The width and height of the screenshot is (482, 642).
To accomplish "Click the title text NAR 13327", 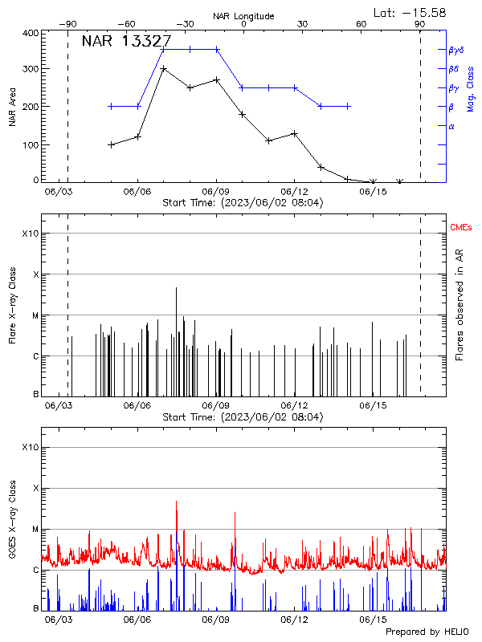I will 126,42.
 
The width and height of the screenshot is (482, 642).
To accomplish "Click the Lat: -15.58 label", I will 411,12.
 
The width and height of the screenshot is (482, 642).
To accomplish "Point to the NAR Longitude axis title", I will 243,15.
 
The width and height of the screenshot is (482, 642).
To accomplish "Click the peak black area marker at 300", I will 164,69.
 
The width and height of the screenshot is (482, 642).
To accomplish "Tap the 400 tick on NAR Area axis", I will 31,34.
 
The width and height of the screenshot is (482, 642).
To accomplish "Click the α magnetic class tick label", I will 451,126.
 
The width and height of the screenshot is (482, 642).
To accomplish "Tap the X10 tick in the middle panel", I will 30,234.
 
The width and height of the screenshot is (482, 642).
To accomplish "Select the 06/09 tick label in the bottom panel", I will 216,620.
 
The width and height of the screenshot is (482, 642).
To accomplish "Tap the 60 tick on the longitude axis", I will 361,24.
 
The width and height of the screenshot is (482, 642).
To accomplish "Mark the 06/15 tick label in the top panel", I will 373,191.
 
